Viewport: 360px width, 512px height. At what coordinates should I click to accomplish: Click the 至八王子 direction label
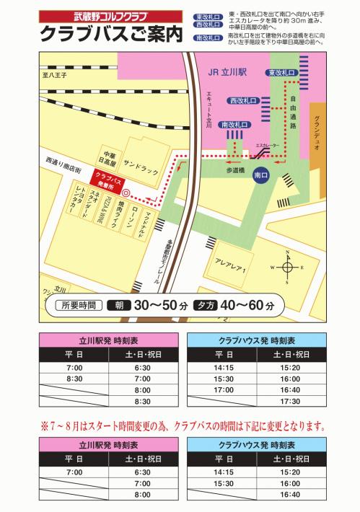coord(55,74)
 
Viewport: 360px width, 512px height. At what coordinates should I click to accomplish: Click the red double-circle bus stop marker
coord(126,194)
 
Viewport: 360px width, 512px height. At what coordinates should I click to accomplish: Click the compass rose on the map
coord(287,267)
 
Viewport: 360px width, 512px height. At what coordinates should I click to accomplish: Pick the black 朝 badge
coord(120,306)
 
